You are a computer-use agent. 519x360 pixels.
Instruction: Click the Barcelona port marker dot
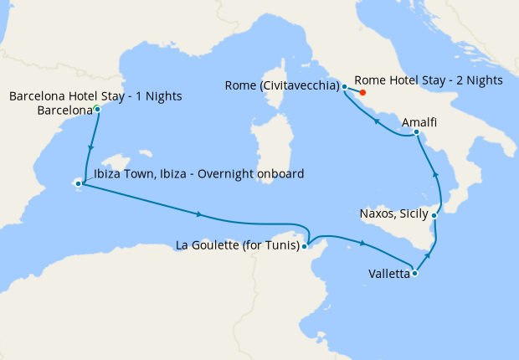tap(97, 110)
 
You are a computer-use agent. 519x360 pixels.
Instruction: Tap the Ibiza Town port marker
tap(79, 183)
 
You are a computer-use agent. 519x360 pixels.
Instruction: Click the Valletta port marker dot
tap(414, 273)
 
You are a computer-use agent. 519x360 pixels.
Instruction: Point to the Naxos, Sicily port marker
tap(434, 215)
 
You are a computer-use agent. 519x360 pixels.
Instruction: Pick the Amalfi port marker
tap(416, 132)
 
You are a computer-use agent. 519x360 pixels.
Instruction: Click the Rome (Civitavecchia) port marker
tap(344, 86)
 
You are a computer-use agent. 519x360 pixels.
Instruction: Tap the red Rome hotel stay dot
tap(362, 92)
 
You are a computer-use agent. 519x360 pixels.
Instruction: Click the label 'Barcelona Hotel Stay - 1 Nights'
tap(95, 96)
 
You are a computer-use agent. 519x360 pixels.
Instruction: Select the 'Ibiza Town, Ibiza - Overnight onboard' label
tap(198, 173)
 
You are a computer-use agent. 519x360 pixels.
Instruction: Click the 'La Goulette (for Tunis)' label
tap(239, 245)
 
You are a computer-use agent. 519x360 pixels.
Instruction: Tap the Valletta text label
tap(388, 273)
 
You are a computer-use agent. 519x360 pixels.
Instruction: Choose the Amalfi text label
tap(419, 122)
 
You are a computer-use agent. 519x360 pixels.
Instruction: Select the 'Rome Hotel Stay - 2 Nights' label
tap(427, 80)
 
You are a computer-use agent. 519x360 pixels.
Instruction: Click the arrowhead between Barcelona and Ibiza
tap(89, 148)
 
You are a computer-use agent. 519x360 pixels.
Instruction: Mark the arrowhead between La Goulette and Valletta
tap(362, 243)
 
